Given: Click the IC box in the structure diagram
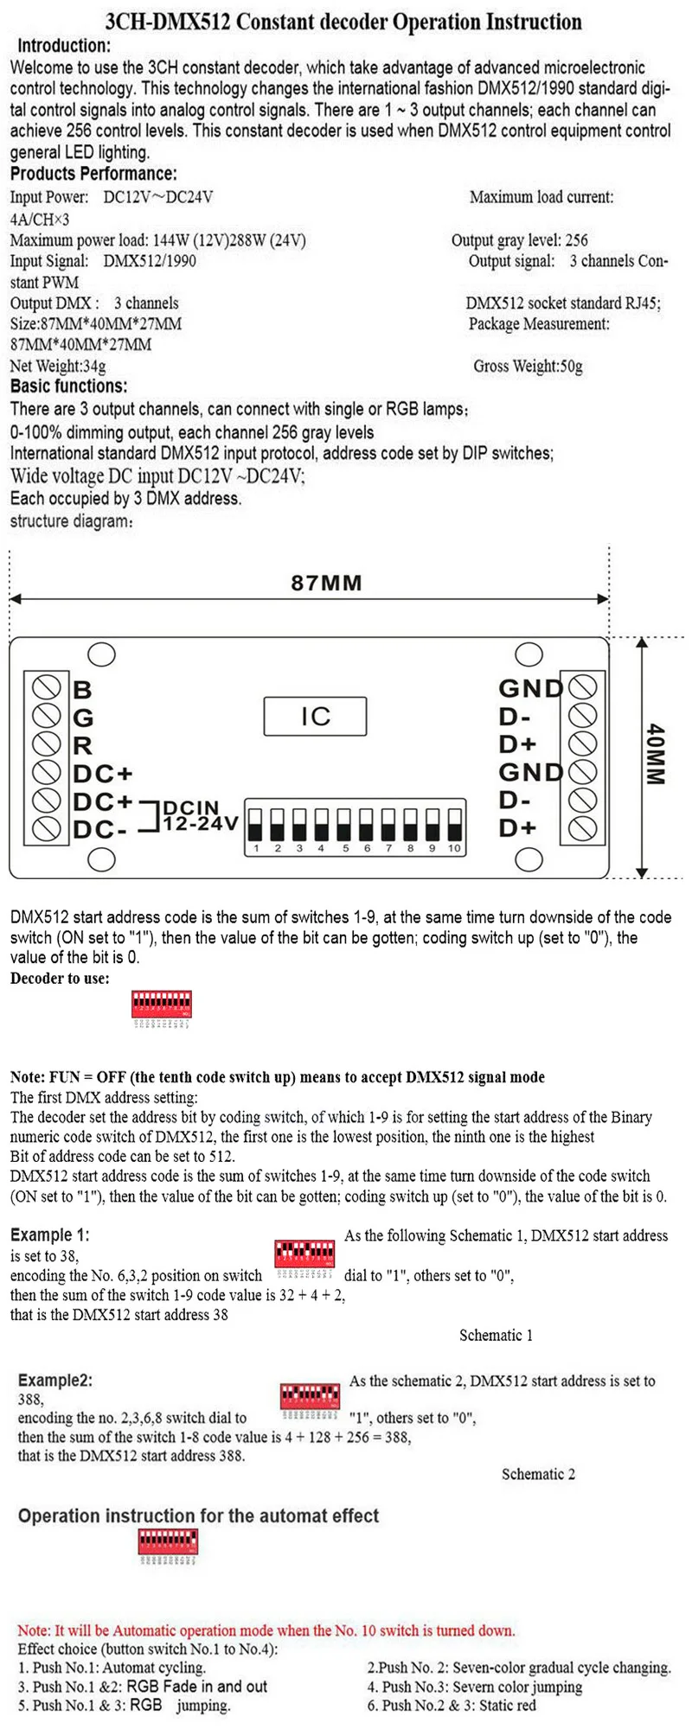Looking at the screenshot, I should (x=315, y=716).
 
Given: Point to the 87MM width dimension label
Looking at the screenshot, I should (x=326, y=583).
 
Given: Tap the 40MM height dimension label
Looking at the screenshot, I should (x=656, y=755).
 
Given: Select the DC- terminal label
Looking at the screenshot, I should (x=101, y=830).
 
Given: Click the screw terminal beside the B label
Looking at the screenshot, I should (x=46, y=689).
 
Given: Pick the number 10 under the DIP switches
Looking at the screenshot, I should (x=454, y=848).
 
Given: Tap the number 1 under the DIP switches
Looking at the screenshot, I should (x=256, y=848).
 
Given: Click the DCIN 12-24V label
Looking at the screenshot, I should (x=198, y=816).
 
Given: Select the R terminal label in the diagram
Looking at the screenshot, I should (x=82, y=745).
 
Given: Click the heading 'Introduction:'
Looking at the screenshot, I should (x=64, y=46).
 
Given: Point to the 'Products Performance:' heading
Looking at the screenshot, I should (x=93, y=174).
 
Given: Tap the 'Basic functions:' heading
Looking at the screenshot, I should (x=68, y=386).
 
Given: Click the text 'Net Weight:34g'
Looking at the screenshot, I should (x=58, y=366).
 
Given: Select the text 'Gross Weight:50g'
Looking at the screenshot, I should (x=528, y=366).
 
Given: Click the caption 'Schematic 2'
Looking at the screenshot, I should (x=538, y=1474).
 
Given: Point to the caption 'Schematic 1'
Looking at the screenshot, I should (x=496, y=1335).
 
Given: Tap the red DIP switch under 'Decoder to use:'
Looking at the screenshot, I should (x=161, y=1005).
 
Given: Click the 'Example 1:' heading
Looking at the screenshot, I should (x=49, y=1235).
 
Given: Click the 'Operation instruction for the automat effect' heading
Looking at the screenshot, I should (x=198, y=1515).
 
